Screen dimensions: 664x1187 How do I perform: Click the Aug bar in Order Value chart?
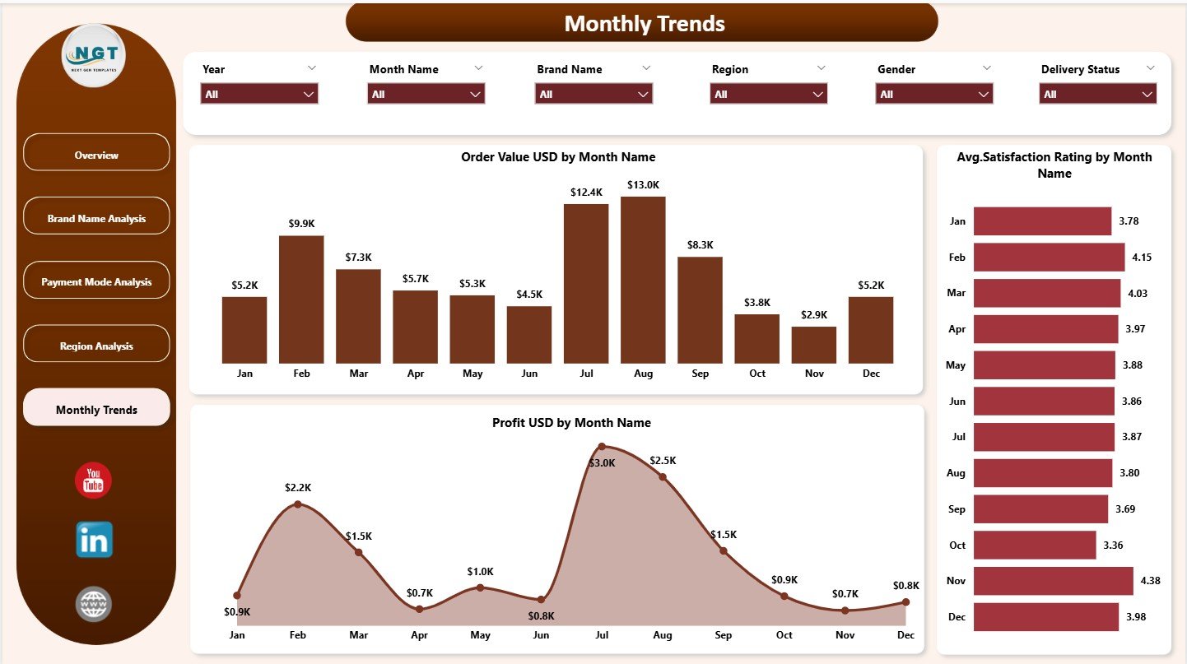[x=643, y=280]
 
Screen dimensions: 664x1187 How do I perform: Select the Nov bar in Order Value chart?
[x=813, y=345]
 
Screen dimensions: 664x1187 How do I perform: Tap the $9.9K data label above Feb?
[x=301, y=223]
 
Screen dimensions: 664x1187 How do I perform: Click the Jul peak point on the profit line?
[x=602, y=447]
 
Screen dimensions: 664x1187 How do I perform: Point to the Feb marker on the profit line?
[x=298, y=504]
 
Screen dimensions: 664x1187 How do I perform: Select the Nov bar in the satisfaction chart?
[x=1053, y=581]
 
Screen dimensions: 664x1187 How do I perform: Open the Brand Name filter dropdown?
[x=593, y=95]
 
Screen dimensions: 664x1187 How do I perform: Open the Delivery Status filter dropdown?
[x=1097, y=95]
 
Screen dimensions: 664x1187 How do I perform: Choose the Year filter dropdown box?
[x=259, y=95]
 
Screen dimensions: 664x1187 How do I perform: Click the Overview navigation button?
[x=96, y=156]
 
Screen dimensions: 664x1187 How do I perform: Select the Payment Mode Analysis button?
[x=96, y=282]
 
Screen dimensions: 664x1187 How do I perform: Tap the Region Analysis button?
[x=96, y=346]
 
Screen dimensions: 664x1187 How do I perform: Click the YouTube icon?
[x=93, y=481]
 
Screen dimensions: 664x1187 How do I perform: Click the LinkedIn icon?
[x=94, y=540]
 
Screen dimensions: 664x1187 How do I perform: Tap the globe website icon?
[x=93, y=605]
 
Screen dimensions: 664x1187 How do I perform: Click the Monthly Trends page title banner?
[x=642, y=23]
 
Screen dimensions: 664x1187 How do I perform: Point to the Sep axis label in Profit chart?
[x=723, y=635]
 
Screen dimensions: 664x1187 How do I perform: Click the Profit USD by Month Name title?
[x=571, y=423]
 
